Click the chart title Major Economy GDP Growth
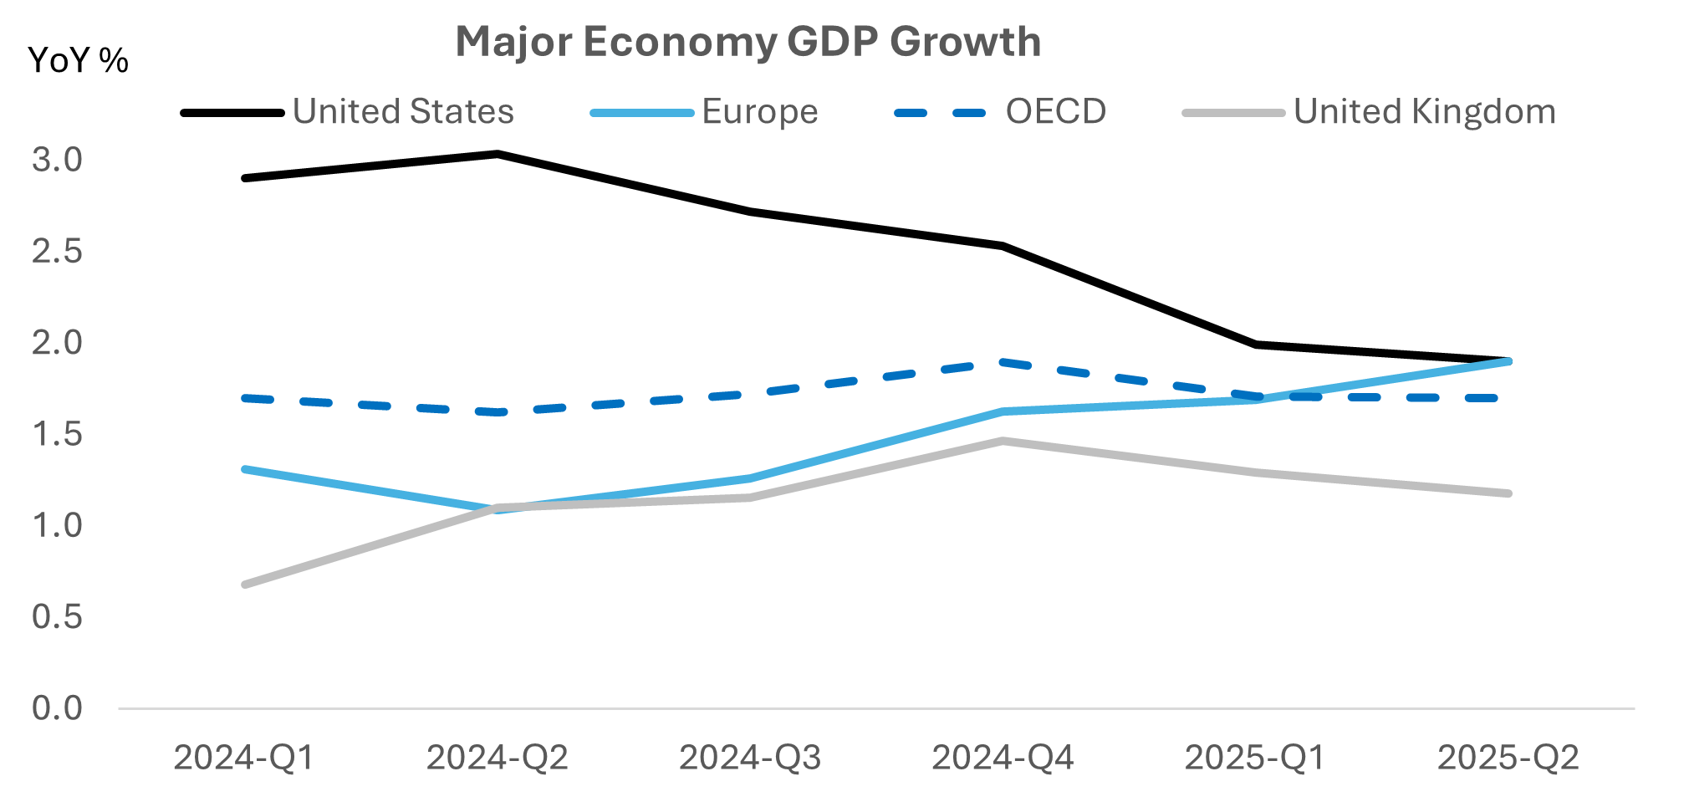(748, 42)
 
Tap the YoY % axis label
(78, 60)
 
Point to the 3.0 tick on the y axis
(57, 160)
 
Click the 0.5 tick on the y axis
(57, 617)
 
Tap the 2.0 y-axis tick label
(57, 343)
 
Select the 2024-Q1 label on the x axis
(244, 758)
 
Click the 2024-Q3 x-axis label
(750, 758)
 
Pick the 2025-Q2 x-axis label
(1508, 758)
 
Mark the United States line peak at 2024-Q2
(497, 154)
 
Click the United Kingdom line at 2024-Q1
(244, 585)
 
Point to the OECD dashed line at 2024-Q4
(1003, 362)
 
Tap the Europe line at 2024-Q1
(244, 469)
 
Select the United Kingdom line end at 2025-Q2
(1508, 493)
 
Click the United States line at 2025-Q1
(1256, 344)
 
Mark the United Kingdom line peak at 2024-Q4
(1003, 441)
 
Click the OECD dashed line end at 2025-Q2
(1497, 398)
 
